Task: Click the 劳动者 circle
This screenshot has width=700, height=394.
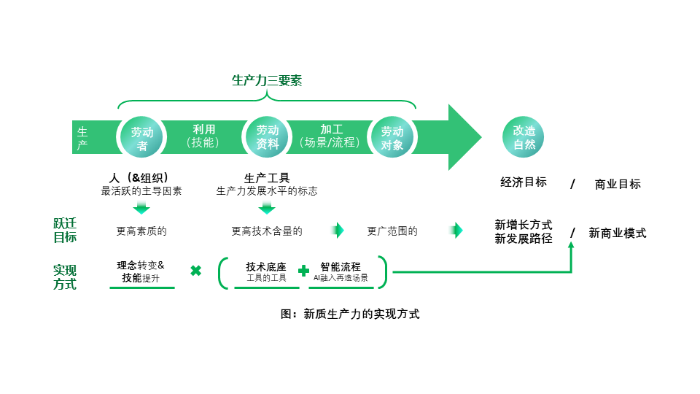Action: click(141, 137)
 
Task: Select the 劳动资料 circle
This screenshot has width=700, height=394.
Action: click(267, 137)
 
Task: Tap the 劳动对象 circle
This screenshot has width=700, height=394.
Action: click(392, 137)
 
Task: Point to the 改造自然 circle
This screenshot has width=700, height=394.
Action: click(524, 137)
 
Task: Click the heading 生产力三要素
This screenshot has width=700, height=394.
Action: click(267, 80)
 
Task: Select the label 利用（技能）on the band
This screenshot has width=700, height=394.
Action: click(203, 136)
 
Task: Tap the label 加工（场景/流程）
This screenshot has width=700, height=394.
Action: click(330, 136)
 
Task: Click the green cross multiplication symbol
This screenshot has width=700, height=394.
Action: click(195, 271)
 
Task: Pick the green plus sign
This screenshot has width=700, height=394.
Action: click(303, 271)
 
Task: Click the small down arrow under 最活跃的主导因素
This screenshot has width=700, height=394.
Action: click(141, 208)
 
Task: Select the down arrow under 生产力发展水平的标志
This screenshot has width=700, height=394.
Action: click(267, 208)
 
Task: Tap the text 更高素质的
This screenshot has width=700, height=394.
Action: click(141, 231)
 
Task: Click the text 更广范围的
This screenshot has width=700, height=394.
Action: click(392, 231)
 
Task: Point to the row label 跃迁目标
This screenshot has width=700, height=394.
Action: click(65, 231)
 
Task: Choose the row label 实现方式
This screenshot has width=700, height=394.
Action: click(65, 277)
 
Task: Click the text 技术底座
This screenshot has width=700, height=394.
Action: click(266, 267)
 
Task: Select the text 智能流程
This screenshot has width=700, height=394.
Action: click(341, 267)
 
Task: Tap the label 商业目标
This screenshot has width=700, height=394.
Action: click(618, 184)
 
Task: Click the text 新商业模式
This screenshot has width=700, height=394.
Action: click(618, 233)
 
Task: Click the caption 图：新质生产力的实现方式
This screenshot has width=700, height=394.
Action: click(350, 314)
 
